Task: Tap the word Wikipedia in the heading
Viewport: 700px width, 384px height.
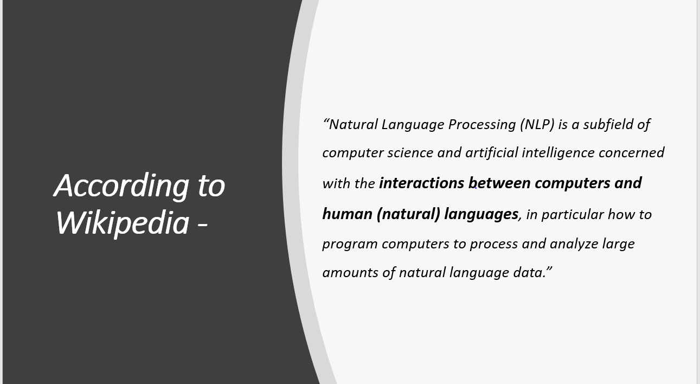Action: (x=122, y=222)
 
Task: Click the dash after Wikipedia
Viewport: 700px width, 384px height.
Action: (x=202, y=224)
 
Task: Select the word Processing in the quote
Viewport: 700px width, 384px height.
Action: (x=481, y=125)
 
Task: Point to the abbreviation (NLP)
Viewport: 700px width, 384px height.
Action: (x=537, y=125)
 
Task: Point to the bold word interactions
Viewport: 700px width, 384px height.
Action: (x=421, y=183)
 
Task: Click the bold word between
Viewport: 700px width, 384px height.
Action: (x=499, y=183)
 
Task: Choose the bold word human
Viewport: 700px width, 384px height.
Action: (x=347, y=214)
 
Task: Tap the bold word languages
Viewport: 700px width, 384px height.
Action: (x=481, y=214)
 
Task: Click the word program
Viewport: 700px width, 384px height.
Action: (x=350, y=244)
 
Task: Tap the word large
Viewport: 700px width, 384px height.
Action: (x=618, y=244)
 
